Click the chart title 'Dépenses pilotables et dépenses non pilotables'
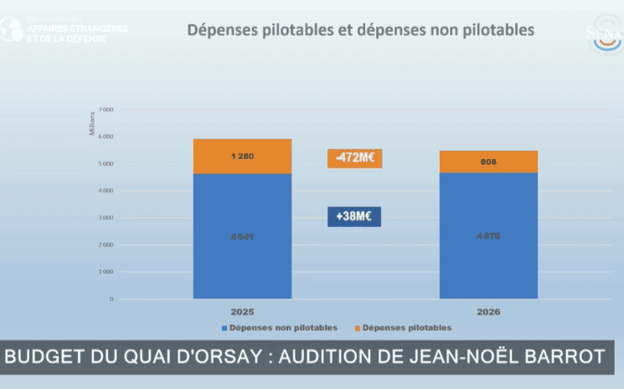click(x=360, y=31)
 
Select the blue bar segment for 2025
click(x=242, y=236)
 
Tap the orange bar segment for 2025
click(x=242, y=156)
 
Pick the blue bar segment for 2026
click(x=488, y=236)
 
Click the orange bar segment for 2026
click(x=488, y=161)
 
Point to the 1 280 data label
click(x=242, y=156)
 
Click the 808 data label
click(x=488, y=161)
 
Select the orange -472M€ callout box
click(x=354, y=157)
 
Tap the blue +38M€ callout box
click(x=354, y=217)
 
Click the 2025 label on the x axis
click(x=242, y=310)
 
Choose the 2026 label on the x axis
click(x=488, y=310)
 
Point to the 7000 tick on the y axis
click(x=106, y=110)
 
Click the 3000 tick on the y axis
click(x=106, y=218)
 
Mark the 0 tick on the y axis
click(x=111, y=299)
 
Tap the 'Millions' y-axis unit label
click(x=92, y=124)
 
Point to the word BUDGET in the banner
click(x=42, y=357)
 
